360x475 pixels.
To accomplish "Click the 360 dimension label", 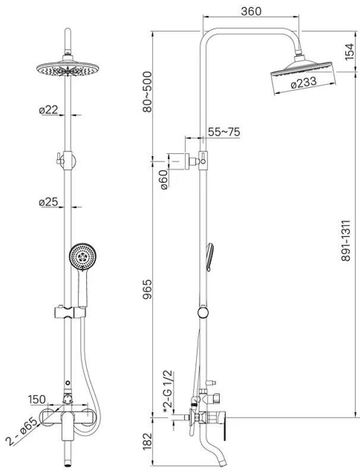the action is [251, 11].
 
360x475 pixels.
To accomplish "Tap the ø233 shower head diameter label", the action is [304, 83].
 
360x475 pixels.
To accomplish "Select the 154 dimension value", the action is [349, 52].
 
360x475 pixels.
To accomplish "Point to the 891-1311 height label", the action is [346, 240].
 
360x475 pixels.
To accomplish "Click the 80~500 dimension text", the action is [147, 92].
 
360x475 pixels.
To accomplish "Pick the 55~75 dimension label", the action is [224, 132].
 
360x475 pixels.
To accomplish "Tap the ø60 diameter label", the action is [163, 180].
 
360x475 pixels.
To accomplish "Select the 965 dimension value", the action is [147, 289].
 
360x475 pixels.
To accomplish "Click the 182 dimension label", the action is [147, 441].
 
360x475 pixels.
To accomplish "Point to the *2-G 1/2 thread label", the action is [168, 391].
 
